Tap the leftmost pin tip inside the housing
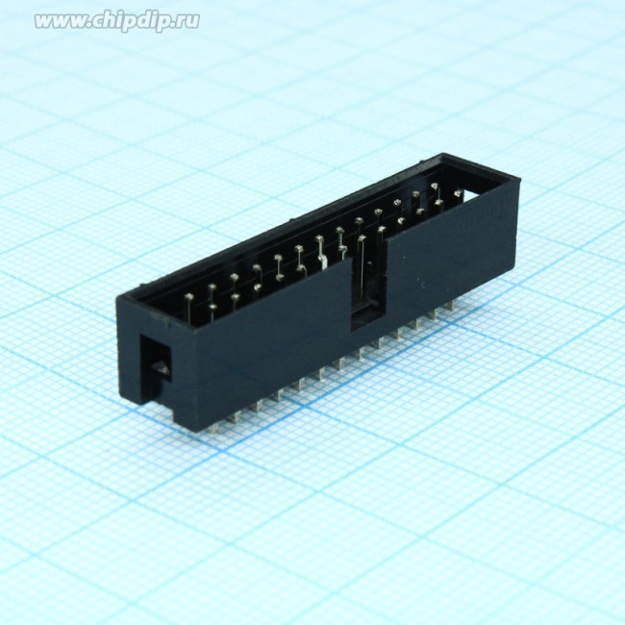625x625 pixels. click(189, 297)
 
